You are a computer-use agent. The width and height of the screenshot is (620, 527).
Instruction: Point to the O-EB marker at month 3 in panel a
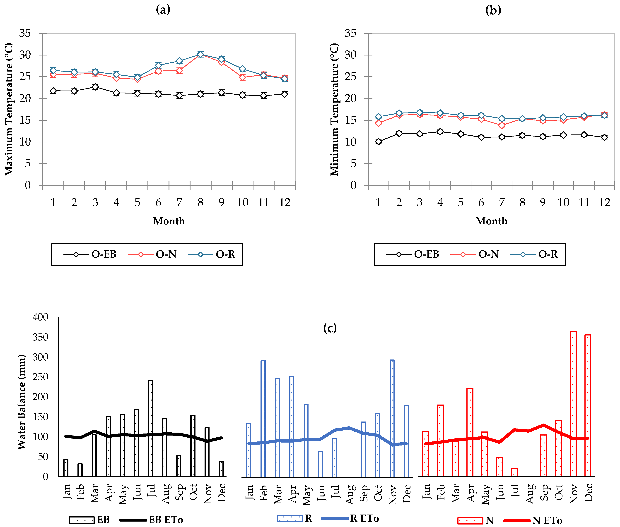point(95,87)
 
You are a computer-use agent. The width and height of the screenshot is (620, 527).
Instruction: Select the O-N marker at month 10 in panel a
point(242,77)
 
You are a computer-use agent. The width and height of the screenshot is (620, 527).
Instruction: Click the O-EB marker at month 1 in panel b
point(379,142)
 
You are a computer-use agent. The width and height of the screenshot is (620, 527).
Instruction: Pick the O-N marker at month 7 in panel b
point(502,125)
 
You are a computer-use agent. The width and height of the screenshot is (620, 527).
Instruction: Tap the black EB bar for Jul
point(151,429)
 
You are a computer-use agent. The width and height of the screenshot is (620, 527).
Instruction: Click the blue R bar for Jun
point(320,464)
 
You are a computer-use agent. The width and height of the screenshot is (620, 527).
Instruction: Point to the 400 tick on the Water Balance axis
point(40,317)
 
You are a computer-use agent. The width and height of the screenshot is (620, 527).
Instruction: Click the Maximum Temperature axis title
point(9,109)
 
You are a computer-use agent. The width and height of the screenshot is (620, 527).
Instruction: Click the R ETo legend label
point(364,518)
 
